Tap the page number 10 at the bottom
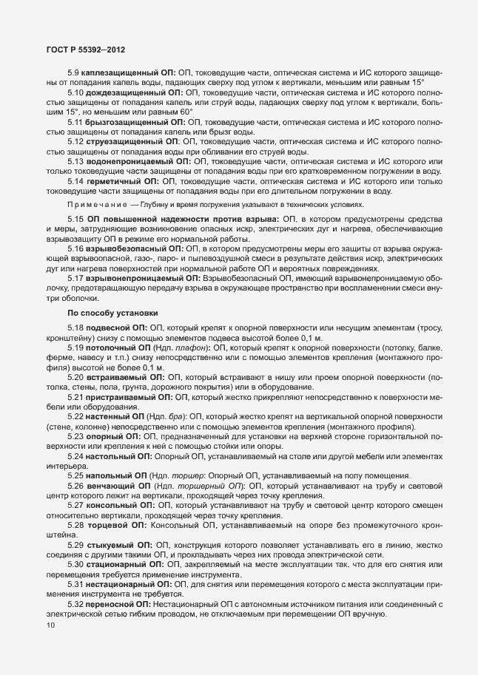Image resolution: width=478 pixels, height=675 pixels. [x=50, y=625]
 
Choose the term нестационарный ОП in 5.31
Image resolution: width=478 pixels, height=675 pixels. [x=129, y=584]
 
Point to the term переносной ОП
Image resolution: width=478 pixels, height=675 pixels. [x=123, y=604]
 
